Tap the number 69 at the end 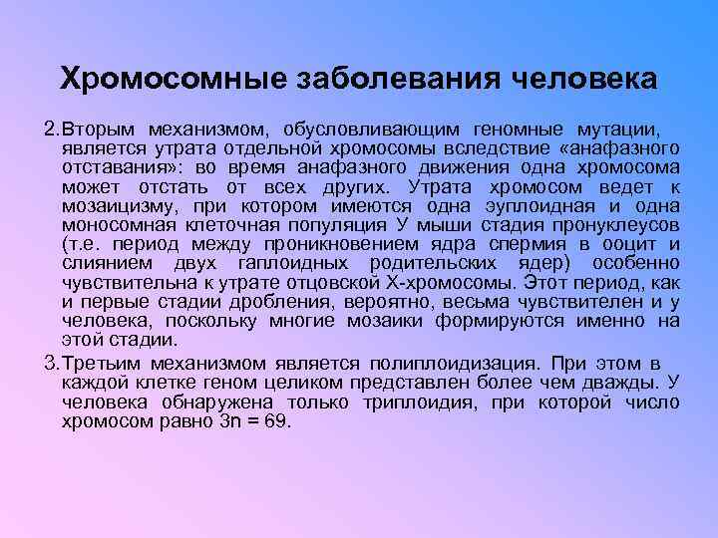[x=275, y=420]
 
